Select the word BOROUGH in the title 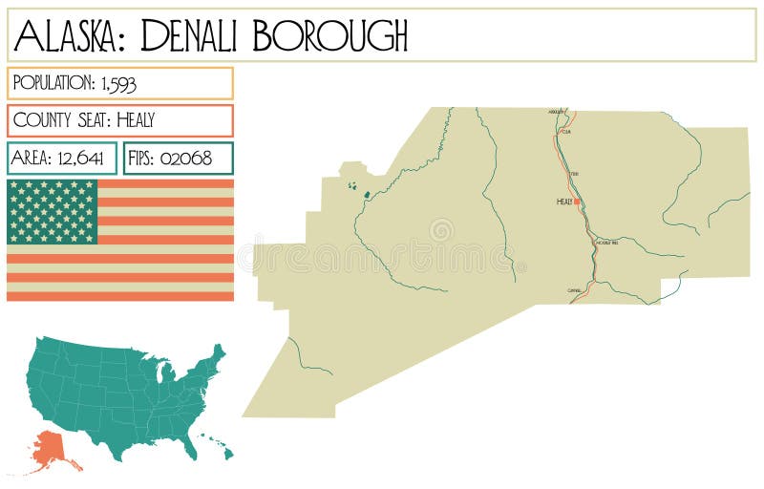point(330,36)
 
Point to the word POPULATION point(51,84)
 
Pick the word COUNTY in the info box point(43,121)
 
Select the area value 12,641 point(78,159)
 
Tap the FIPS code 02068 point(187,159)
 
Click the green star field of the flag point(53,211)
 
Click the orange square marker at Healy point(578,202)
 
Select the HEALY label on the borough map point(564,202)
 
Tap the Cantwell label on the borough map point(574,289)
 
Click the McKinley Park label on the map point(607,243)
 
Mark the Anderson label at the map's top point(558,112)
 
